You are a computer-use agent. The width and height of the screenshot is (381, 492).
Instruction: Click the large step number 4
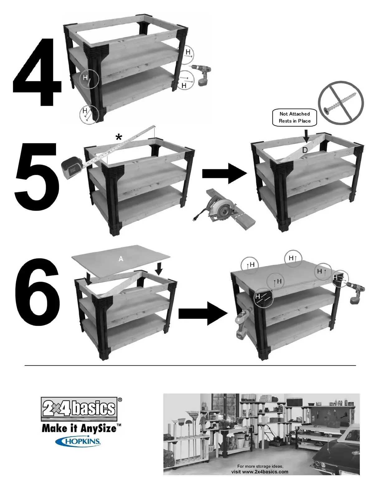(x=37, y=72)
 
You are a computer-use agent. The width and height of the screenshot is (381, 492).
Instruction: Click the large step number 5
(x=36, y=177)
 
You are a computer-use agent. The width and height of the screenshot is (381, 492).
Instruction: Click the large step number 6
(x=38, y=293)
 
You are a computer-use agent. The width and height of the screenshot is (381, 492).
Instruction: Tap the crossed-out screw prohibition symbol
(x=341, y=103)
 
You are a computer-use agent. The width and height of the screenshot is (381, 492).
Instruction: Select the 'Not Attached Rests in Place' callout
(x=294, y=117)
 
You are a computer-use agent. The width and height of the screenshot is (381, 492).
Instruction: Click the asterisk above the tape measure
(x=119, y=137)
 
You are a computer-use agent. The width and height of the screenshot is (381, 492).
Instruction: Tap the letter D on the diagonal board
(x=305, y=150)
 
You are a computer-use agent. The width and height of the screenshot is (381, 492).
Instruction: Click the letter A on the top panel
(x=121, y=258)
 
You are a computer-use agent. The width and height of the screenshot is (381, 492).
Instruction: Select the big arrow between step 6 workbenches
(x=203, y=313)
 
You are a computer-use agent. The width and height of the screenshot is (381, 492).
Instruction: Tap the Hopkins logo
(x=78, y=441)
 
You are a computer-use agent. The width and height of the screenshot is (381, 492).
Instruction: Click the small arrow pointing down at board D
(x=306, y=136)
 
